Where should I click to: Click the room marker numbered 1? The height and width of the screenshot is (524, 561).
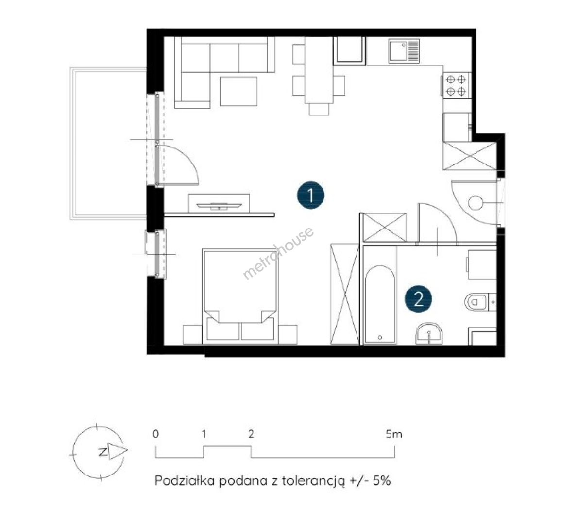[310, 195]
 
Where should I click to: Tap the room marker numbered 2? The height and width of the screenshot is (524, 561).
[418, 298]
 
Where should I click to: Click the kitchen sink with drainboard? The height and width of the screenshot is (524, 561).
[404, 51]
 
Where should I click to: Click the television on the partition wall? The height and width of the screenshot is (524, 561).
[219, 206]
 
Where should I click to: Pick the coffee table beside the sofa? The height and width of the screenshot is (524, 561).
[238, 92]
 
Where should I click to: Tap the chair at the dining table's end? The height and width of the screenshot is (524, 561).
[319, 109]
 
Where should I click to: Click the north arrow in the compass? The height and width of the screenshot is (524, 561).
[118, 452]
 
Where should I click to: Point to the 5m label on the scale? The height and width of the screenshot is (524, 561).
[394, 434]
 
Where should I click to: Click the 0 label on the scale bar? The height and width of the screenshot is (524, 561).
[155, 434]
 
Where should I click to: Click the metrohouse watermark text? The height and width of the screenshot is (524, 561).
[278, 253]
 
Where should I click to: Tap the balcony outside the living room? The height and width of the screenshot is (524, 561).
[108, 143]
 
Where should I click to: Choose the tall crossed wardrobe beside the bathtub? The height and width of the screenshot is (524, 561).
[345, 294]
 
